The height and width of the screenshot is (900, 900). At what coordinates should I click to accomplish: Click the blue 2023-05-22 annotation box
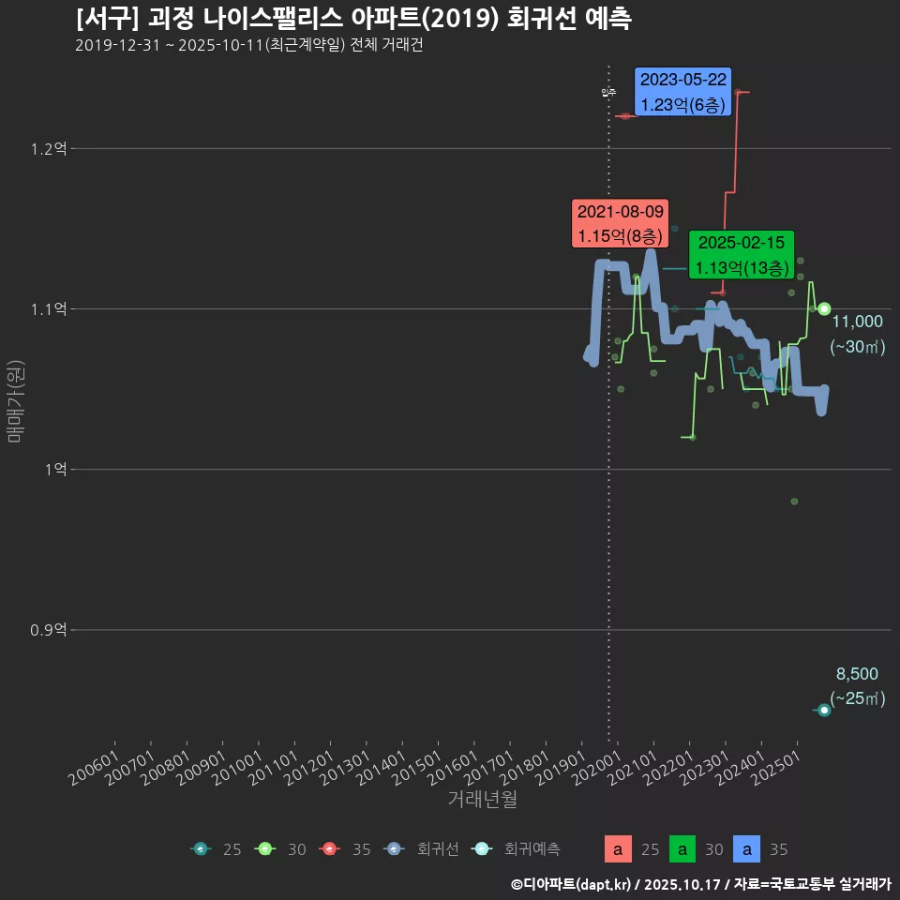(x=682, y=92)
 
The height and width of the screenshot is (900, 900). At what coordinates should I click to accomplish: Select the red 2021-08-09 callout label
(x=620, y=224)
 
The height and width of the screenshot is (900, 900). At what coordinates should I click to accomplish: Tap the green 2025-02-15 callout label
(x=742, y=255)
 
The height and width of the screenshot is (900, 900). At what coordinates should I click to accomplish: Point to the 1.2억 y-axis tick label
(x=48, y=148)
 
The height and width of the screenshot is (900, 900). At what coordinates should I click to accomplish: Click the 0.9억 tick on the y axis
(x=48, y=629)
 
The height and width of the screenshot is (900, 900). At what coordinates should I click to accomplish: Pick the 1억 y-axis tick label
(x=53, y=469)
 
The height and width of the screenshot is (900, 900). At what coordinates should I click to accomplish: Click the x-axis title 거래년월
(x=482, y=799)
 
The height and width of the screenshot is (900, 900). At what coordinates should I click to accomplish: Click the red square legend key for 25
(x=618, y=849)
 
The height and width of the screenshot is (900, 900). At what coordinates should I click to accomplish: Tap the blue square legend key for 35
(x=747, y=849)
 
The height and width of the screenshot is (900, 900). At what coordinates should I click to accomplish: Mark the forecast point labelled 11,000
(x=824, y=308)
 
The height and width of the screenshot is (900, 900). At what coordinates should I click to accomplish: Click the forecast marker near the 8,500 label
(x=824, y=710)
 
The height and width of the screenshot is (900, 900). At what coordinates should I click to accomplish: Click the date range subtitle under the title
(x=248, y=46)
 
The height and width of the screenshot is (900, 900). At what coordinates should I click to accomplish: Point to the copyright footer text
(x=700, y=883)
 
